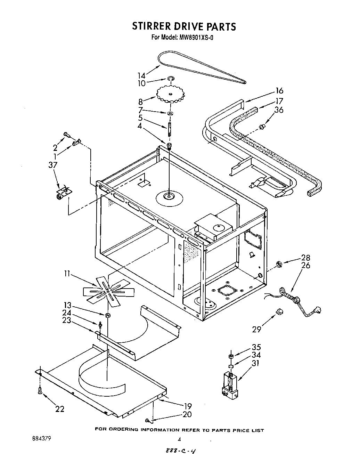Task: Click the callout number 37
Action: point(53,165)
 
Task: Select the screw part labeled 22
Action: point(40,390)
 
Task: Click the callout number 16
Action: point(279,91)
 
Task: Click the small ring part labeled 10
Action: point(171,79)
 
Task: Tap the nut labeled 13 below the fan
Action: point(108,315)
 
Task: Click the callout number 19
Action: point(187,406)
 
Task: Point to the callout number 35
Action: point(256,347)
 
